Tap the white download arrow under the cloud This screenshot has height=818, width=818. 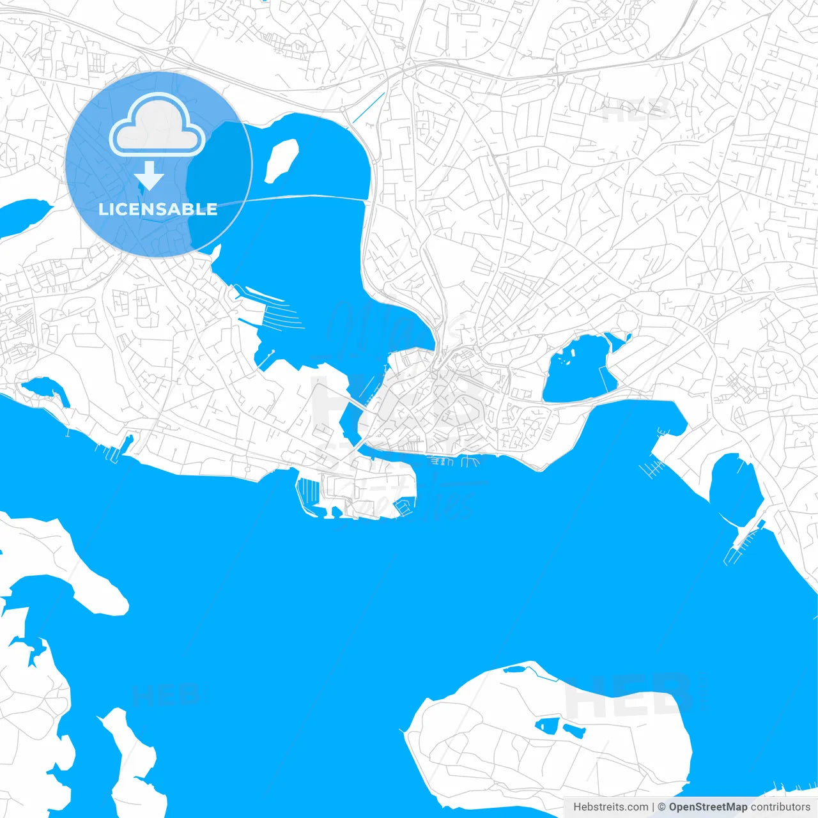pos(150,176)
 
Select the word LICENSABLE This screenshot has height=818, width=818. pos(158,209)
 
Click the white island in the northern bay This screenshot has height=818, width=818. pos(281,161)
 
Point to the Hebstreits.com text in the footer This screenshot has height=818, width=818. pos(610,807)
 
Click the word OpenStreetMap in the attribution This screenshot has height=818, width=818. pos(707,807)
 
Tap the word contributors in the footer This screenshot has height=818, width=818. pos(780,807)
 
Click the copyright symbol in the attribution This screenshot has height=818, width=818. pos(661,807)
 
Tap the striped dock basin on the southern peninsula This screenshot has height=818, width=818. pos(308,493)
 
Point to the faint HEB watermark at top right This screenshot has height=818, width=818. pos(636,112)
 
